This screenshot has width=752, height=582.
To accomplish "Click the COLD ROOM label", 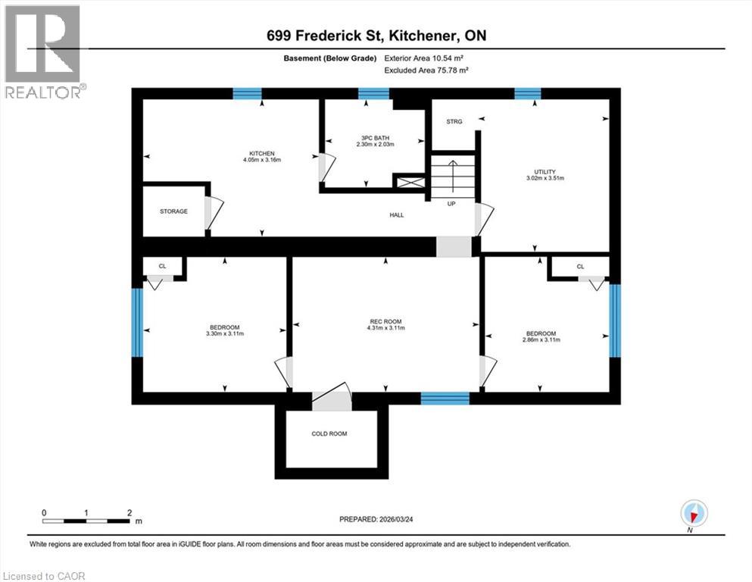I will coord(330,433).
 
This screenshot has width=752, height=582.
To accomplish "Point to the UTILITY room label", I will coord(535,172).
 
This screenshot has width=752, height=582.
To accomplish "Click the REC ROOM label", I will coord(385,321).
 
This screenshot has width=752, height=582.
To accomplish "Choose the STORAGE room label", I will coord(173,211).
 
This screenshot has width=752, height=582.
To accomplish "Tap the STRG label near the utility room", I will coord(454,121).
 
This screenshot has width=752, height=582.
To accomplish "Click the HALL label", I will coord(397,215).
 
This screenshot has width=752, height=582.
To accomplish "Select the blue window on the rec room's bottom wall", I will coord(445,398).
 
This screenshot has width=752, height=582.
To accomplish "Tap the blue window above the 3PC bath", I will coord(373,94).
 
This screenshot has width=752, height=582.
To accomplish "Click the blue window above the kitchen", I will coord(247,94).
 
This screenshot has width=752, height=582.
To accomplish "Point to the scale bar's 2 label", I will coord(129,512).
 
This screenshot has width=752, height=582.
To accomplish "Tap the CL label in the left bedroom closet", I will coord(162,266).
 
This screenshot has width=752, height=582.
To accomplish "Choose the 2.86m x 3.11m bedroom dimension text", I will coord(541,341).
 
